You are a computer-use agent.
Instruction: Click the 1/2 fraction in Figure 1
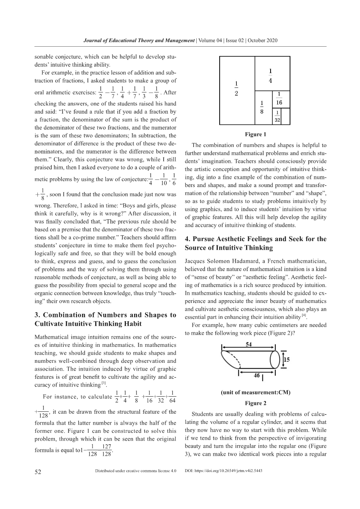click(x=236, y=89)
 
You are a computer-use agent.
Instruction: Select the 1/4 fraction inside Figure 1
click(x=270, y=76)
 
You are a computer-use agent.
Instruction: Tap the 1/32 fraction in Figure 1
click(x=277, y=116)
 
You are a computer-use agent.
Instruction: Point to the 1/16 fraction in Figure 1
click(x=279, y=99)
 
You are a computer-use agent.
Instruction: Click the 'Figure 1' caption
click(x=255, y=135)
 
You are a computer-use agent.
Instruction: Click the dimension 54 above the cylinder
click(x=249, y=345)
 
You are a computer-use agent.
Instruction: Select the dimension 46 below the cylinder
click(x=257, y=376)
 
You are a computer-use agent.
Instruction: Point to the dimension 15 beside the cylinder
click(x=287, y=360)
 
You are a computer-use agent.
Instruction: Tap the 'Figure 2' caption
click(x=255, y=403)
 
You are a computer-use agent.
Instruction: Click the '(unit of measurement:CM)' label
click(x=255, y=392)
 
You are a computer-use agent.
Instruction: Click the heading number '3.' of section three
click(x=38, y=315)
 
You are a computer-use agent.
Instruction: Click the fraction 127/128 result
click(x=106, y=450)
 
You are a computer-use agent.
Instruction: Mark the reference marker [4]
click(x=304, y=315)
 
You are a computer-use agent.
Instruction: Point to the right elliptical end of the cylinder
click(x=274, y=360)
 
